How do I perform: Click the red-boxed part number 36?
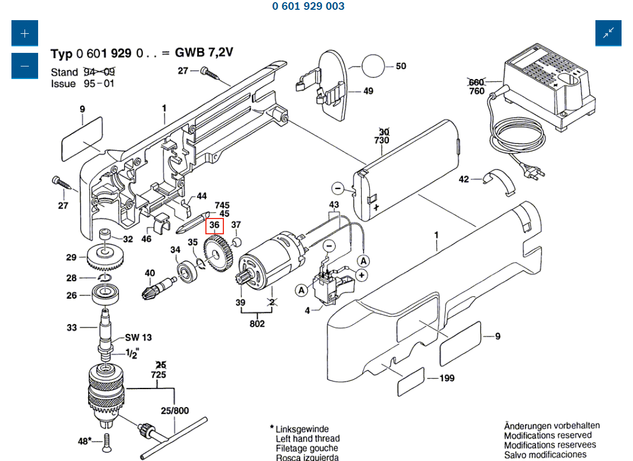(214, 225)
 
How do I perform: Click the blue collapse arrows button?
(608, 33)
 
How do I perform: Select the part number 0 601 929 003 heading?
(308, 7)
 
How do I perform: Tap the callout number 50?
(400, 66)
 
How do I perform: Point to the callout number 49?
(368, 91)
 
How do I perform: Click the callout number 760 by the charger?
(476, 91)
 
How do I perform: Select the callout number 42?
(464, 179)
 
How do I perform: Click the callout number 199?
(447, 378)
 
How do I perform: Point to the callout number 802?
(257, 324)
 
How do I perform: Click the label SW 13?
(138, 337)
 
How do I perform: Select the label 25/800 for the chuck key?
(174, 411)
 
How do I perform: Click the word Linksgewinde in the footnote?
(302, 429)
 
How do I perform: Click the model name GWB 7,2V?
(204, 53)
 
